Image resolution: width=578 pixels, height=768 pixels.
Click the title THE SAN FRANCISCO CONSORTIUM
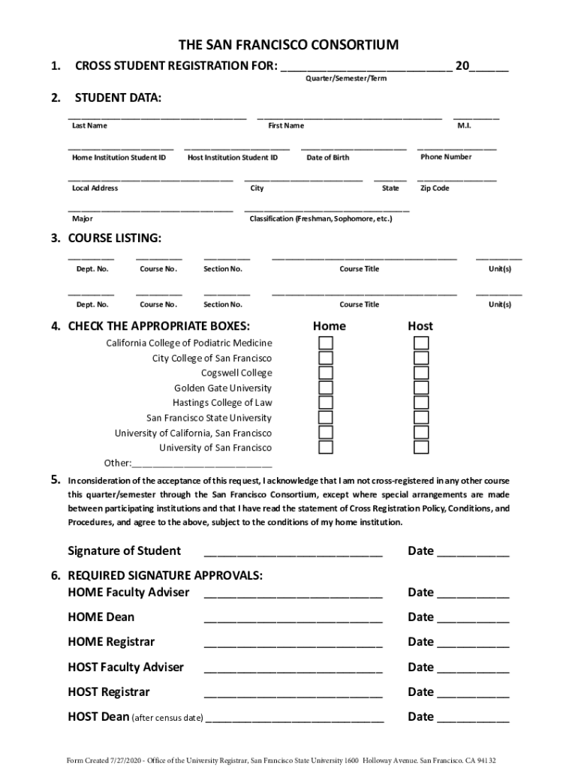tap(288, 45)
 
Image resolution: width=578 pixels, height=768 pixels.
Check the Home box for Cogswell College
tap(326, 373)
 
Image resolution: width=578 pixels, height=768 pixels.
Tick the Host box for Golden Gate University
tap(421, 388)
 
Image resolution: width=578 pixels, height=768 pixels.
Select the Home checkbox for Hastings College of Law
tap(326, 403)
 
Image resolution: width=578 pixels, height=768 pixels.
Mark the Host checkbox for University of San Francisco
tap(421, 448)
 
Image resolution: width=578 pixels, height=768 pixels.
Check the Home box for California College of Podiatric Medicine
tap(326, 343)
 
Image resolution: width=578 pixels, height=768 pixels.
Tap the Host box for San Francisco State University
tap(421, 418)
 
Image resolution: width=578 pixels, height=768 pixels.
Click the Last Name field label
tap(89, 126)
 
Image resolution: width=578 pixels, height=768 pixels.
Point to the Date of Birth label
tap(327, 157)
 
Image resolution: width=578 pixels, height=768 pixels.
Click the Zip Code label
tap(435, 188)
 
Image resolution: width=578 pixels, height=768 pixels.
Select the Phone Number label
tap(446, 157)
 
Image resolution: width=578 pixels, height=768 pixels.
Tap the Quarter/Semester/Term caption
tap(345, 79)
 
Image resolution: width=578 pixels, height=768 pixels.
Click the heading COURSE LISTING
tap(114, 238)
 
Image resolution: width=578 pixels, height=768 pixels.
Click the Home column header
tap(329, 326)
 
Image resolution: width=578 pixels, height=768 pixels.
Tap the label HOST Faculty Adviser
tap(125, 667)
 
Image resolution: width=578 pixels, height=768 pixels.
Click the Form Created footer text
tap(281, 759)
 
